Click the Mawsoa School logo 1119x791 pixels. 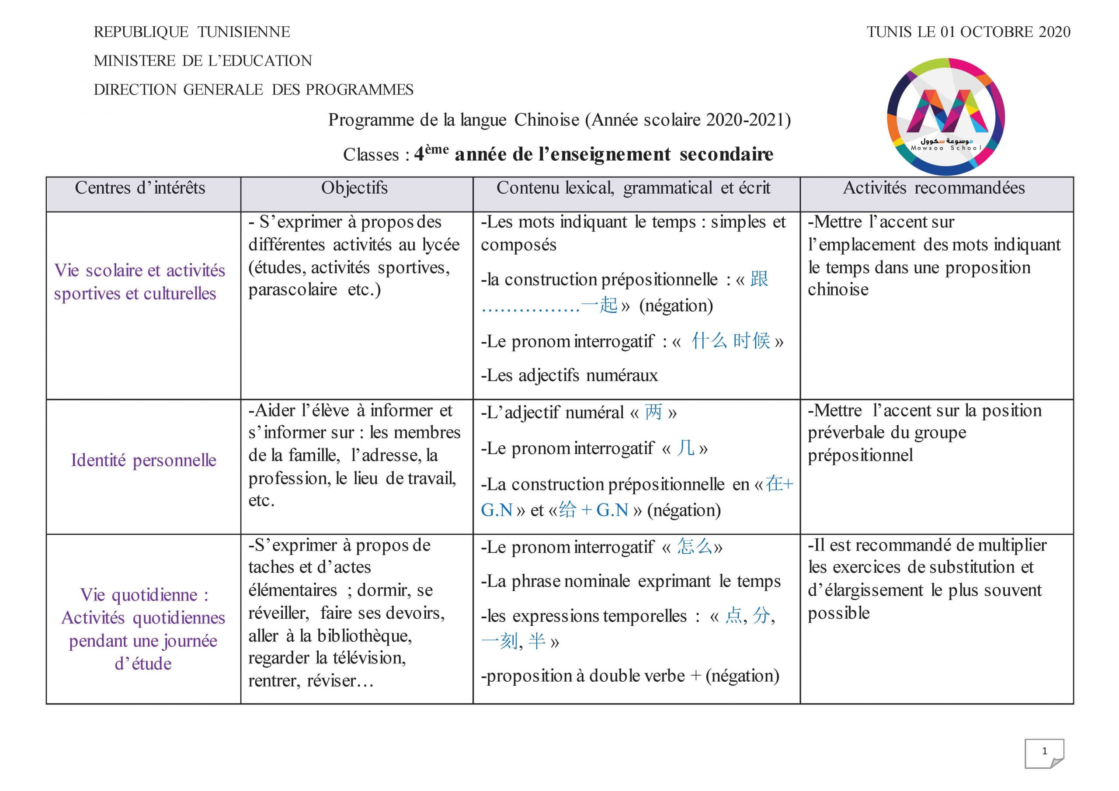(945, 117)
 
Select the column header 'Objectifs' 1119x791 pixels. (354, 188)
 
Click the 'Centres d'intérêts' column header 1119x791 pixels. (140, 188)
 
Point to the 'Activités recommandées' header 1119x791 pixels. (934, 188)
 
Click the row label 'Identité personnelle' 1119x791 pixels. (143, 460)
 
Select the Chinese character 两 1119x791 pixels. (653, 412)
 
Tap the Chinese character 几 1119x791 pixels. (686, 448)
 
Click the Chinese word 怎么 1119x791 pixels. (695, 546)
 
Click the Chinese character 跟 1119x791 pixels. (759, 279)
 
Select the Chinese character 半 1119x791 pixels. (537, 641)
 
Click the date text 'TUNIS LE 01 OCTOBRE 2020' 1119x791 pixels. (968, 32)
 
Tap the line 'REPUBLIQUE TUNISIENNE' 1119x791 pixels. (191, 32)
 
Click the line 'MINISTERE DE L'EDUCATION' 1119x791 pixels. (203, 61)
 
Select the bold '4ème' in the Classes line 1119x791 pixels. (431, 153)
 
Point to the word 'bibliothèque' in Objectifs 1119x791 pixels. (364, 635)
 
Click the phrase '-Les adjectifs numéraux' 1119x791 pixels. (569, 375)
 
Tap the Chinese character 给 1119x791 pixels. (568, 510)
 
